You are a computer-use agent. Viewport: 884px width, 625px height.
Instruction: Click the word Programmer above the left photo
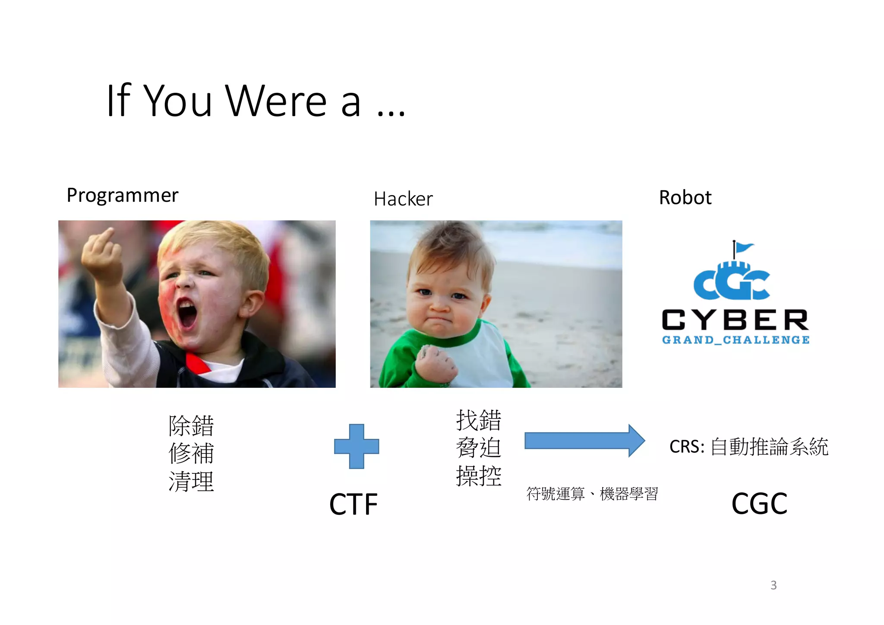[122, 195]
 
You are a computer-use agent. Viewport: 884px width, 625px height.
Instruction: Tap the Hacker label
[403, 199]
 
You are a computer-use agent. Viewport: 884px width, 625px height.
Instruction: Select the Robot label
[685, 198]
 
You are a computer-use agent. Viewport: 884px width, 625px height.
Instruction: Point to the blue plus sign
[357, 446]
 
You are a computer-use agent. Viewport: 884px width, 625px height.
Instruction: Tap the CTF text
[353, 504]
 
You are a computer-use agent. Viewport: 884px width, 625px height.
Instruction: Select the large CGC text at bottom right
[759, 504]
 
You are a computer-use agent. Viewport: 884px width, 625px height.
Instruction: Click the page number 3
[773, 585]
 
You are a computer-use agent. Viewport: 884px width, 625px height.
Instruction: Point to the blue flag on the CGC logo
[744, 247]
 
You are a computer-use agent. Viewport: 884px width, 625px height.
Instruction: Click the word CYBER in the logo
[735, 320]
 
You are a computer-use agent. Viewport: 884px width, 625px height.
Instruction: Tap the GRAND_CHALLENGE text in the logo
[736, 340]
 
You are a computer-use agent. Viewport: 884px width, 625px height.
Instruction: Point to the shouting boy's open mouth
[187, 313]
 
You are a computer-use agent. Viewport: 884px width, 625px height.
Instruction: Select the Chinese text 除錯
[191, 426]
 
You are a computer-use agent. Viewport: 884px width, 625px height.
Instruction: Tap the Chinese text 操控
[479, 476]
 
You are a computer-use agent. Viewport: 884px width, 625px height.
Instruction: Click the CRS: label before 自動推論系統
[687, 447]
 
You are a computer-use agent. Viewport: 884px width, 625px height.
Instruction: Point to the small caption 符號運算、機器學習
[592, 493]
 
